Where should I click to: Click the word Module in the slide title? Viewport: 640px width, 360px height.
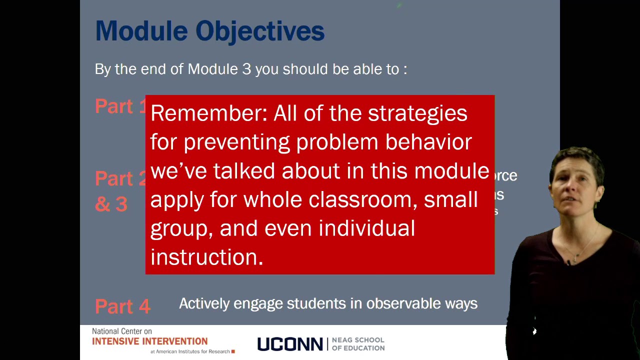[141, 31]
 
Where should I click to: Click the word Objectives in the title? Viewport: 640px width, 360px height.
[260, 31]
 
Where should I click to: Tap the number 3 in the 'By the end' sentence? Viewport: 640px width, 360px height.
[246, 69]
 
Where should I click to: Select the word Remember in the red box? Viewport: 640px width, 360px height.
[208, 113]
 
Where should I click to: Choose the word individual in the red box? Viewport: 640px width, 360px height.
[366, 228]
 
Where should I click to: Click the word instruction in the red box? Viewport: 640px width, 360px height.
[206, 257]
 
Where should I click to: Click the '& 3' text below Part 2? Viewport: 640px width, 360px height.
[111, 204]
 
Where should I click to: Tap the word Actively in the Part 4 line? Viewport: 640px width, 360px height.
[204, 304]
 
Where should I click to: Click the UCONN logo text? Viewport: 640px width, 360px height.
[290, 344]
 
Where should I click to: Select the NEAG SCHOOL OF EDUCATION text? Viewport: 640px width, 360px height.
[358, 344]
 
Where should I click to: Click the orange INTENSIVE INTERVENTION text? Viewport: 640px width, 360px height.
[149, 341]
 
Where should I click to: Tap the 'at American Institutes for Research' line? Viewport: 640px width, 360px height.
[190, 351]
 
